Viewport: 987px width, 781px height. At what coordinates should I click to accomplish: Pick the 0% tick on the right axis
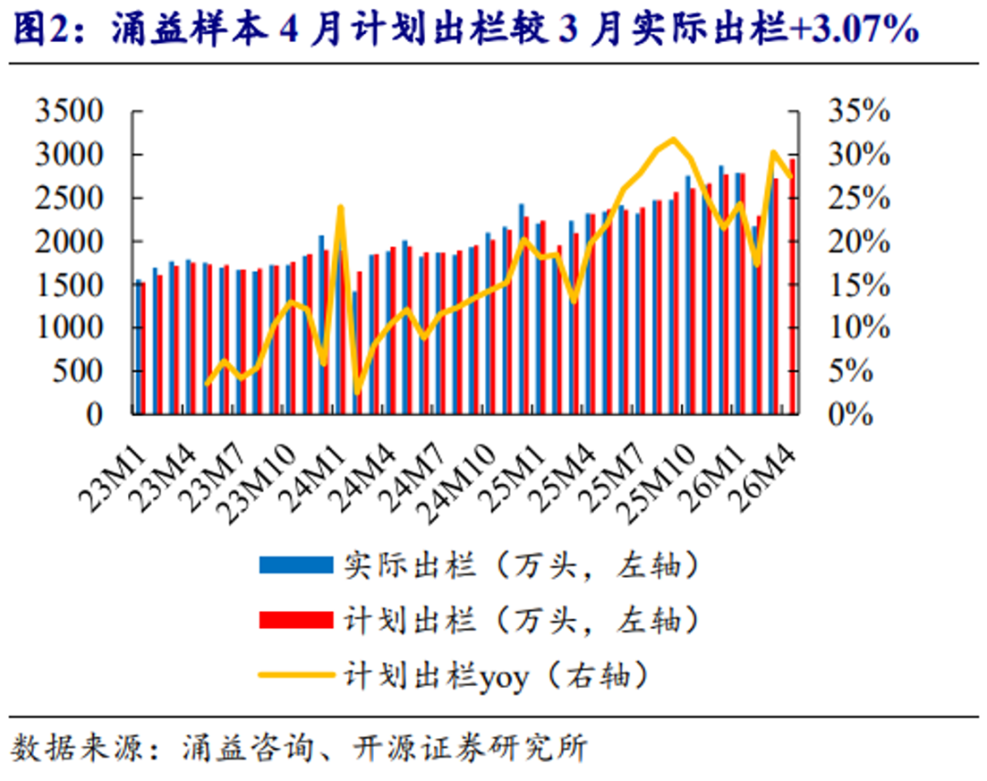point(849,414)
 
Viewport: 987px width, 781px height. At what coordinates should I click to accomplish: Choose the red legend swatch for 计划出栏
point(295,621)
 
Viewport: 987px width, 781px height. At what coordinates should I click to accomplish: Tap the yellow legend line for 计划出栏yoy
point(295,676)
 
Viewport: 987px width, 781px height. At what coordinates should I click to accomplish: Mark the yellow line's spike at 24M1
point(340,208)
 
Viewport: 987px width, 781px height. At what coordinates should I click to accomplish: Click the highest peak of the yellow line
point(674,139)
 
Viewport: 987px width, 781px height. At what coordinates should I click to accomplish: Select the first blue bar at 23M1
point(138,348)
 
